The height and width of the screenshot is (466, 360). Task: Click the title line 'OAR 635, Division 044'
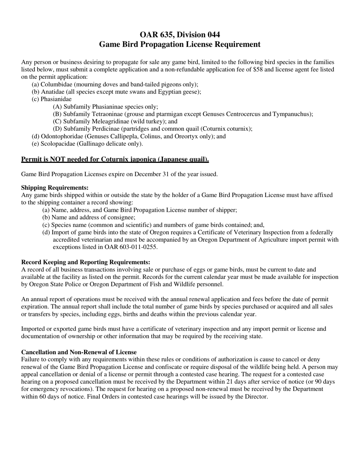(180, 35)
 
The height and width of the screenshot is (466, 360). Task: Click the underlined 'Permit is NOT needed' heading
(115, 160)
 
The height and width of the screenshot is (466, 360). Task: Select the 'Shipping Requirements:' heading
(55, 188)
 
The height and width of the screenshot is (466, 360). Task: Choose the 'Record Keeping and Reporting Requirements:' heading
(86, 262)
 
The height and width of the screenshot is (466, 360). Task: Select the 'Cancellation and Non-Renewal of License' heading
(79, 352)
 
